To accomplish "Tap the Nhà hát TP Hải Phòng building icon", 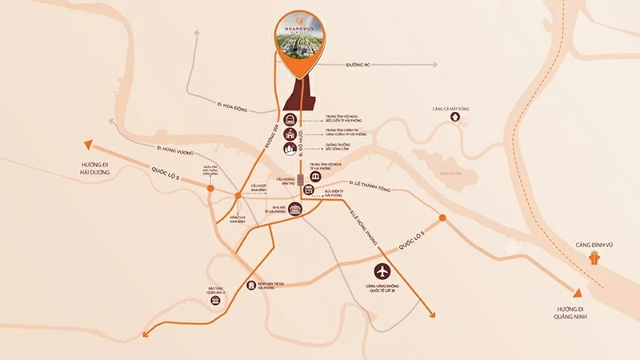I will pyautogui.click(x=298, y=210).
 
